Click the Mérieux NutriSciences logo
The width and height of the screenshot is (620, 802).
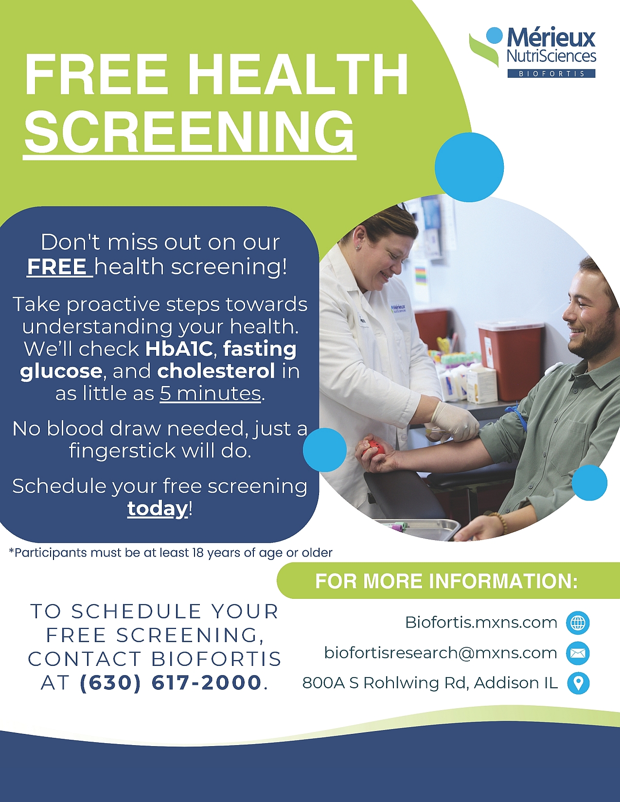(532, 52)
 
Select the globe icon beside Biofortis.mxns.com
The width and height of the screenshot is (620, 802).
(578, 623)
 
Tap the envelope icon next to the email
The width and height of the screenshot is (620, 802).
(578, 653)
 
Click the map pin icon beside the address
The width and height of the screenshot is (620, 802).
(578, 683)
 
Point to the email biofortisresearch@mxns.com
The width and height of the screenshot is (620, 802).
(441, 653)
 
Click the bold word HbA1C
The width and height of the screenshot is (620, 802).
(179, 349)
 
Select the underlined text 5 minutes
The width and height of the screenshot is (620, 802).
(211, 393)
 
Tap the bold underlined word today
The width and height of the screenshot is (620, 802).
(158, 508)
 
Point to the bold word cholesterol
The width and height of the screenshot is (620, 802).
(216, 371)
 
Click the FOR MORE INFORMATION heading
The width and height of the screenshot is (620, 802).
(446, 581)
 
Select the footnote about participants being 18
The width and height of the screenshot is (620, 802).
(171, 553)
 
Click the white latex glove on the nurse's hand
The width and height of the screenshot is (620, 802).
(454, 421)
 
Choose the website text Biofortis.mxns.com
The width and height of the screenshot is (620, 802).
(481, 623)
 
